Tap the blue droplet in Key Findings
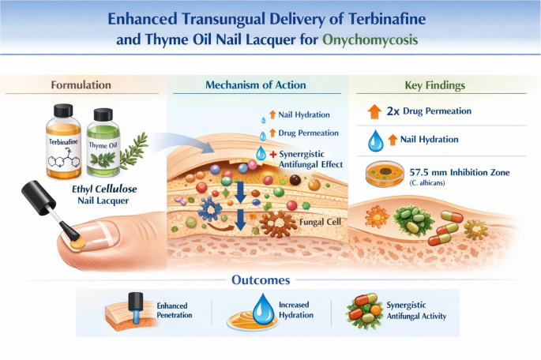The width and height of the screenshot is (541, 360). [x=375, y=141]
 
